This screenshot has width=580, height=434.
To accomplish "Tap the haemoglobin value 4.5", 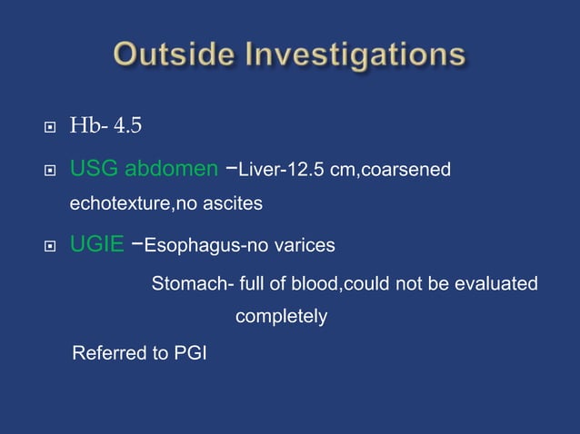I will (x=127, y=125).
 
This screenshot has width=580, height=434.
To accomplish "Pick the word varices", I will (x=305, y=245).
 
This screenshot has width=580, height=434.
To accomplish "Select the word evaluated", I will (x=499, y=284).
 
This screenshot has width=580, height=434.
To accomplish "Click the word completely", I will (x=281, y=318).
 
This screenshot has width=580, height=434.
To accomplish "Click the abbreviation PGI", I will (x=189, y=352).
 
